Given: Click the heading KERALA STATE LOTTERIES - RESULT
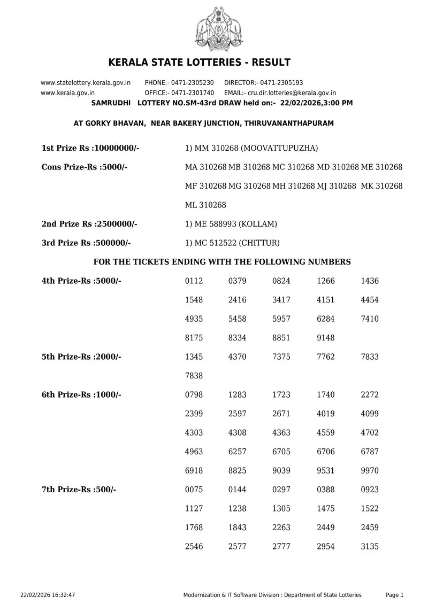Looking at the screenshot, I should tap(200, 63).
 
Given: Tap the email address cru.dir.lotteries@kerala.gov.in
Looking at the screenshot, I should tap(292, 92).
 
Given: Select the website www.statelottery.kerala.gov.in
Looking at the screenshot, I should tap(86, 83).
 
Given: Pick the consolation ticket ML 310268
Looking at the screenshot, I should tap(205, 205).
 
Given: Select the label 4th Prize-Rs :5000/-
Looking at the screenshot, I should tap(81, 281).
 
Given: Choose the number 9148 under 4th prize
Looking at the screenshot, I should tap(326, 338).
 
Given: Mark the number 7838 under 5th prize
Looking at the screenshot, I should tap(194, 376).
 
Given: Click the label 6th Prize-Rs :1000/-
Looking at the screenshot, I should tap(81, 395).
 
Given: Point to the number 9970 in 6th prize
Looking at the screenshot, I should tap(370, 471).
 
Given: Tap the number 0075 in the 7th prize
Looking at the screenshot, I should tap(194, 490).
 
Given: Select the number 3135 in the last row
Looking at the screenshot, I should tap(370, 547).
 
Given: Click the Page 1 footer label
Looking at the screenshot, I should tap(395, 595).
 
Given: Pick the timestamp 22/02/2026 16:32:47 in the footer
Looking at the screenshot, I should tap(48, 595).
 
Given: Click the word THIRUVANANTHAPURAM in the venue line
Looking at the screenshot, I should tap(289, 123).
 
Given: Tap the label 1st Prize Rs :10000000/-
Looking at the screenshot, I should tap(90, 148).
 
